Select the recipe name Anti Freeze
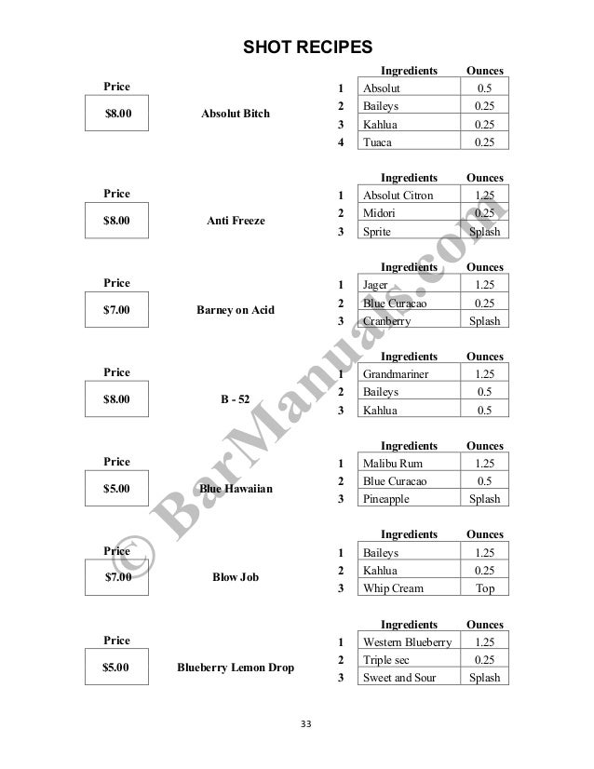pos(236,221)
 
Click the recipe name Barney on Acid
pos(236,310)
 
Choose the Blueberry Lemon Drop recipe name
pos(236,667)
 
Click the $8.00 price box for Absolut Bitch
pos(117,115)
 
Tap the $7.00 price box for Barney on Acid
pos(117,310)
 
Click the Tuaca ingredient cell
pos(407,142)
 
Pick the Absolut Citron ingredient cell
pos(407,196)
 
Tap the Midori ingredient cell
pos(407,213)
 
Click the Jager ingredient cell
pos(407,285)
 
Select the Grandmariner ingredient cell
pos(407,374)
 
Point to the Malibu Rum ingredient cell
pos(407,464)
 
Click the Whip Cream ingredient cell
pos(407,588)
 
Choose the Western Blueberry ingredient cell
pos(407,642)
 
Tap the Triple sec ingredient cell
pos(407,660)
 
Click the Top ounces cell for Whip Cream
pos(484,588)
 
